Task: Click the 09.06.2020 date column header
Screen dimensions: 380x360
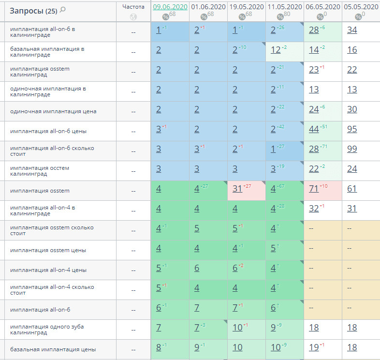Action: click(x=170, y=7)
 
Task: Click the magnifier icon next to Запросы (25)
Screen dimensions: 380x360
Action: click(x=63, y=10)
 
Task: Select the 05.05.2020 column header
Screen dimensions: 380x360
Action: click(x=361, y=7)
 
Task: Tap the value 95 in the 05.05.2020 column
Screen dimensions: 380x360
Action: click(x=352, y=129)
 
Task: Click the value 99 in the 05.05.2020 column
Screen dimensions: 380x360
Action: click(x=352, y=149)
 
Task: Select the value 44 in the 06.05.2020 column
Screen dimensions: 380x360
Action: click(x=314, y=129)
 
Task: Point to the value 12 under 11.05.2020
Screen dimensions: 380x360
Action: click(x=276, y=50)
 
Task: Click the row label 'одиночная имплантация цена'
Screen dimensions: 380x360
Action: click(x=53, y=111)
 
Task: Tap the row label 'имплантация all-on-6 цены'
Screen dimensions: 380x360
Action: click(x=48, y=131)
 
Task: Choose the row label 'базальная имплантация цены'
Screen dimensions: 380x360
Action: click(x=53, y=349)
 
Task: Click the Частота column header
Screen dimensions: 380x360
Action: click(x=133, y=7)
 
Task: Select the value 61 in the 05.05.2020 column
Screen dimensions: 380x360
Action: click(x=352, y=189)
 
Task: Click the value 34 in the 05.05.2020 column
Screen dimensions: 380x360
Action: click(x=352, y=30)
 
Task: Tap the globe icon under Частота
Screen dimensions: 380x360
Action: click(x=133, y=17)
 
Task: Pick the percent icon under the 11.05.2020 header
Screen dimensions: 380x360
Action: click(x=280, y=17)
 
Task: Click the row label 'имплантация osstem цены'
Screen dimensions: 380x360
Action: click(x=48, y=250)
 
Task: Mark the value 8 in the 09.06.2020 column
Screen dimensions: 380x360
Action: click(x=159, y=347)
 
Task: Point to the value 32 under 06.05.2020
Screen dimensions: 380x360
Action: click(x=314, y=209)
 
